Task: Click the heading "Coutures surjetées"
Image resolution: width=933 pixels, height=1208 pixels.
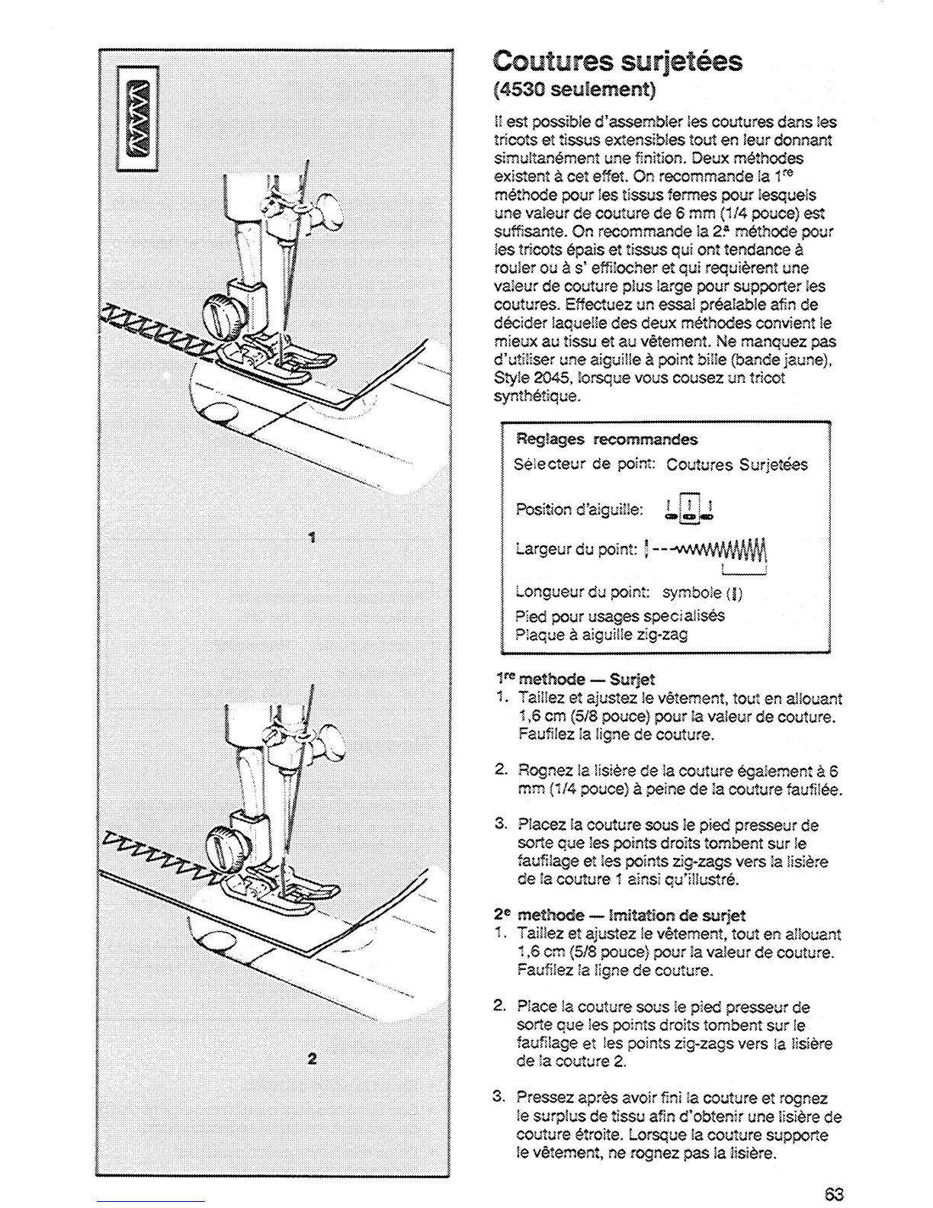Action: [x=617, y=61]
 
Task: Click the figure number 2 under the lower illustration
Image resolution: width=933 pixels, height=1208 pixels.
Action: [x=311, y=1059]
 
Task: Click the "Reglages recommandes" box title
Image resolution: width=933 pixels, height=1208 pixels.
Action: [x=607, y=439]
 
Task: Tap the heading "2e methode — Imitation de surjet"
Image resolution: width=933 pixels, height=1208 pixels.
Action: [x=620, y=915]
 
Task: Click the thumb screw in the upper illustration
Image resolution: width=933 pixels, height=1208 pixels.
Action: [x=222, y=313]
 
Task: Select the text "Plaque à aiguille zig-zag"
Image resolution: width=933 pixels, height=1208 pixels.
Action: [x=601, y=635]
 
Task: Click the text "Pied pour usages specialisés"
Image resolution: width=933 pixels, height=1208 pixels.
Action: [x=620, y=615]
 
